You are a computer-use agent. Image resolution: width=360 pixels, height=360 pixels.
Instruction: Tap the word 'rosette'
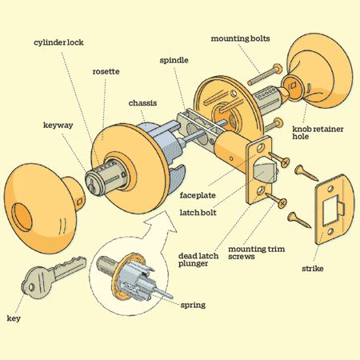[106, 72]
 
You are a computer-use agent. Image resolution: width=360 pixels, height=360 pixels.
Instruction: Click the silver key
[50, 275]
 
